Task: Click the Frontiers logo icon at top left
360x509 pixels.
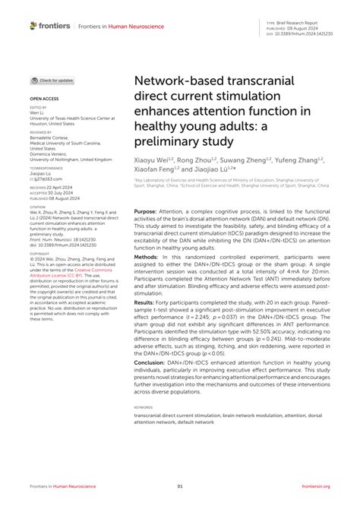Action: click(34, 26)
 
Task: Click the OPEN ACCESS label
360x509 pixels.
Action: click(43, 99)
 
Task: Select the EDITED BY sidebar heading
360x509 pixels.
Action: click(38, 108)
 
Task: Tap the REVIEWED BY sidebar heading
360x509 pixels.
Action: click(40, 131)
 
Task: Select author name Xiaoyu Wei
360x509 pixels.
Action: click(152, 161)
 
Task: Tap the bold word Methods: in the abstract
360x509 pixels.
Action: click(146, 258)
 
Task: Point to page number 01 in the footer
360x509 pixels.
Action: click(180, 486)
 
